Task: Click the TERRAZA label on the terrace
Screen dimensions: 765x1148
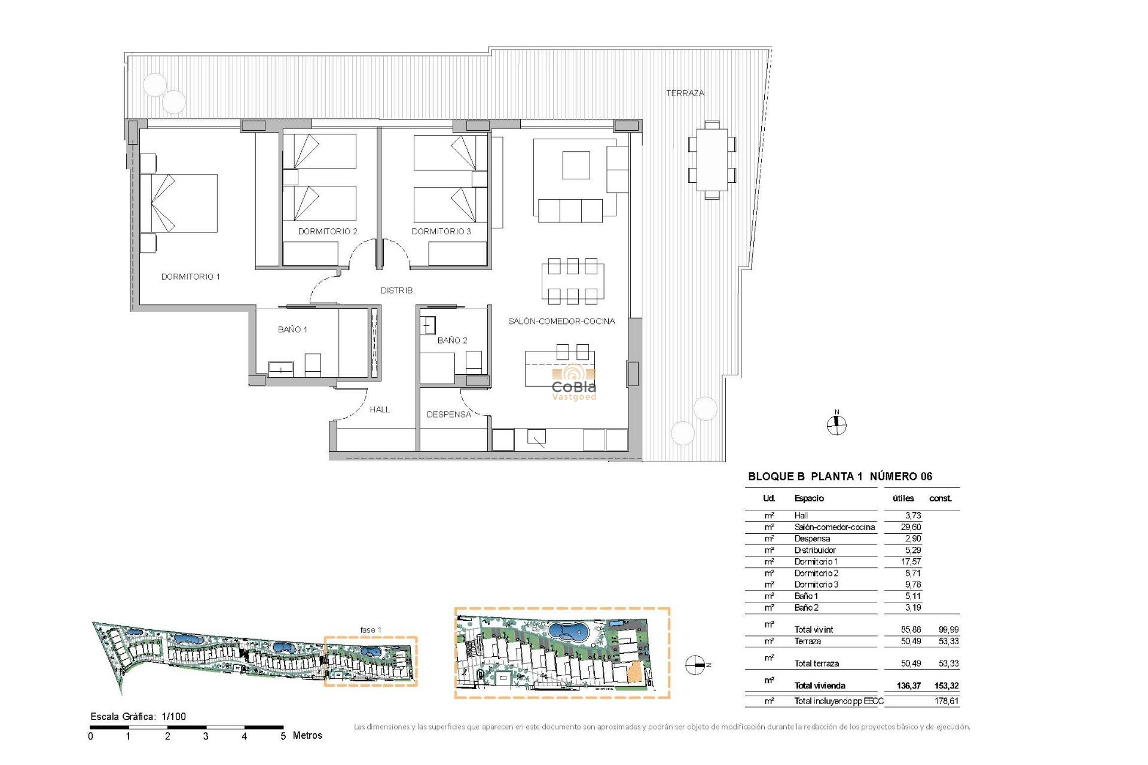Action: [685, 93]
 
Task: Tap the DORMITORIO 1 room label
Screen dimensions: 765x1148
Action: [190, 277]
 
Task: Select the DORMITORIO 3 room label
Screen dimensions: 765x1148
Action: [441, 231]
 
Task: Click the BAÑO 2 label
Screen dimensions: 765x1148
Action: [452, 340]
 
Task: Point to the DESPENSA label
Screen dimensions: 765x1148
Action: [448, 414]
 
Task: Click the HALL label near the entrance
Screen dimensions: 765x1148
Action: [379, 409]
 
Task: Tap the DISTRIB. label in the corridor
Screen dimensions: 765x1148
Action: [397, 290]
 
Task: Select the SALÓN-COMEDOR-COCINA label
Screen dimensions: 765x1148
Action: [561, 321]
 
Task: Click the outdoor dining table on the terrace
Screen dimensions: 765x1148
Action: [712, 160]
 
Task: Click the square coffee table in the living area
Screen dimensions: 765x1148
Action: [576, 165]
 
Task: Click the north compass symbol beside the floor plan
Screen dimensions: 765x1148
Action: [836, 424]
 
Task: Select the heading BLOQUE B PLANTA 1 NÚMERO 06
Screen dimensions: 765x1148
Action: [839, 476]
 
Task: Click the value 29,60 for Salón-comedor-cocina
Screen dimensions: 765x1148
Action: [911, 527]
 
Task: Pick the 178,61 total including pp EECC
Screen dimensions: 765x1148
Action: [946, 701]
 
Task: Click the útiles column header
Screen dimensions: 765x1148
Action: [903, 498]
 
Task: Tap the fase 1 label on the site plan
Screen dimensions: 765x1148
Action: [370, 630]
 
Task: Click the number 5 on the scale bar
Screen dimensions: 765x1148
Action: [283, 736]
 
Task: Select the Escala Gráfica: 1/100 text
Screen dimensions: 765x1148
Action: [138, 717]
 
